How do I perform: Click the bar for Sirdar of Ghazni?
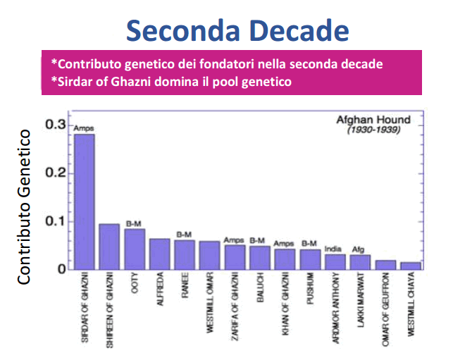point(85,202)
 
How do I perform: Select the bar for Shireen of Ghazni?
point(109,247)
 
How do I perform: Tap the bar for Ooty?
point(135,249)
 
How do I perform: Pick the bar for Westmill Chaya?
point(411,266)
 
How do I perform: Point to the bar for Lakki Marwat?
point(360,262)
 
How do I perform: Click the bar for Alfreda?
point(159,254)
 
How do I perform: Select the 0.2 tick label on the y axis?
point(56,173)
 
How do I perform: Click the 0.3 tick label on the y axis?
point(56,125)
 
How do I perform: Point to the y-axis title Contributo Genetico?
point(24,207)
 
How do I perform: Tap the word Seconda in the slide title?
point(182,30)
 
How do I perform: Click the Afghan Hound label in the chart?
point(373,120)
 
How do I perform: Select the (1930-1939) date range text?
point(374,130)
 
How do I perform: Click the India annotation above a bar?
point(333,249)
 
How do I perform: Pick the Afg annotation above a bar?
point(358,249)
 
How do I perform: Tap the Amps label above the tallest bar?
point(84,128)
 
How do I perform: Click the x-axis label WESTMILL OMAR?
point(210,302)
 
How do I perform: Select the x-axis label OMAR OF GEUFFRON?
point(385,309)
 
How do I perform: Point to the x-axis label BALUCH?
point(260,287)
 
